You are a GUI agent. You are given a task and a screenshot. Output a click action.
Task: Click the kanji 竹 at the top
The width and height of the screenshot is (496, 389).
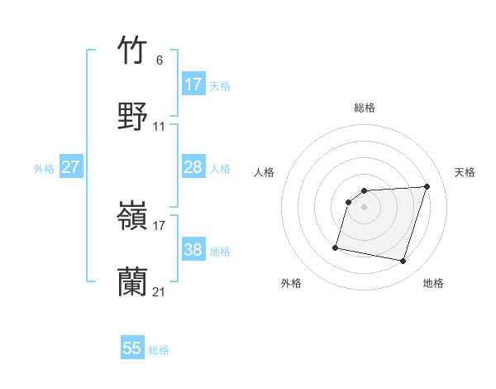[132, 50]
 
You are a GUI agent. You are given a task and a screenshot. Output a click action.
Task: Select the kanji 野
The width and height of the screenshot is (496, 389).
[132, 115]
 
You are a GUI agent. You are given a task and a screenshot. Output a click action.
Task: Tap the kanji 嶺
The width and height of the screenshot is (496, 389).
[132, 217]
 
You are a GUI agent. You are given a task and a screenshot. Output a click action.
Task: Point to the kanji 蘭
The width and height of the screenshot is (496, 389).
[132, 281]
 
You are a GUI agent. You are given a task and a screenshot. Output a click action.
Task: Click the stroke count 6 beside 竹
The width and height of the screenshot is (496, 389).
[159, 60]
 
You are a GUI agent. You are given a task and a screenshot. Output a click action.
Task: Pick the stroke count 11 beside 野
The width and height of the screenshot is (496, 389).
[160, 127]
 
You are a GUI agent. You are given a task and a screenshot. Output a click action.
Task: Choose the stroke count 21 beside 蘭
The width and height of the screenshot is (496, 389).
[160, 292]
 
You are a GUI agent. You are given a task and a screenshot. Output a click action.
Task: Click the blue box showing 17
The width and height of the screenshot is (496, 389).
[193, 84]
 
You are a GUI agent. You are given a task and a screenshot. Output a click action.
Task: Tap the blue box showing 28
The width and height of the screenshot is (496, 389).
[193, 167]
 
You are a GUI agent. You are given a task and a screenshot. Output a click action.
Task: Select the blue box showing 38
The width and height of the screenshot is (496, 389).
[193, 250]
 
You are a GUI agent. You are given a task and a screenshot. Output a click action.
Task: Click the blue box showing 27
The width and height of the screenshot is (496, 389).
[70, 167]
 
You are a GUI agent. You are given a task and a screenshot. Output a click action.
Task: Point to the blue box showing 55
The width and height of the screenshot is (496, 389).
[132, 348]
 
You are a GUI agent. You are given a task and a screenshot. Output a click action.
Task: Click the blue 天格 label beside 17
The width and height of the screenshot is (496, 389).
[220, 85]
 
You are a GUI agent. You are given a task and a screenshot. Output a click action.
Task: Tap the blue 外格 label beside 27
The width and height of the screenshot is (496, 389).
[44, 168]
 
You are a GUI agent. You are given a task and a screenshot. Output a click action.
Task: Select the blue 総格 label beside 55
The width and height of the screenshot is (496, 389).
[159, 349]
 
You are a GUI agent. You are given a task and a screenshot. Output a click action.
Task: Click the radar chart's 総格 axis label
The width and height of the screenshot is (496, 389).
[365, 108]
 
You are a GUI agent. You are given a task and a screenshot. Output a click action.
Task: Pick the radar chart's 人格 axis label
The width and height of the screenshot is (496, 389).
[265, 172]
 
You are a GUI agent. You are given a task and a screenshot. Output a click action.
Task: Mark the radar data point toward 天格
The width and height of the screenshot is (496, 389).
[427, 187]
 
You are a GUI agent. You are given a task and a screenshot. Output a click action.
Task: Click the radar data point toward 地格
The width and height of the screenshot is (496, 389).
[403, 262]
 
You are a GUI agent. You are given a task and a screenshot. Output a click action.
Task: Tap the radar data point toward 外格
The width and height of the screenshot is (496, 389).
[336, 247]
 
